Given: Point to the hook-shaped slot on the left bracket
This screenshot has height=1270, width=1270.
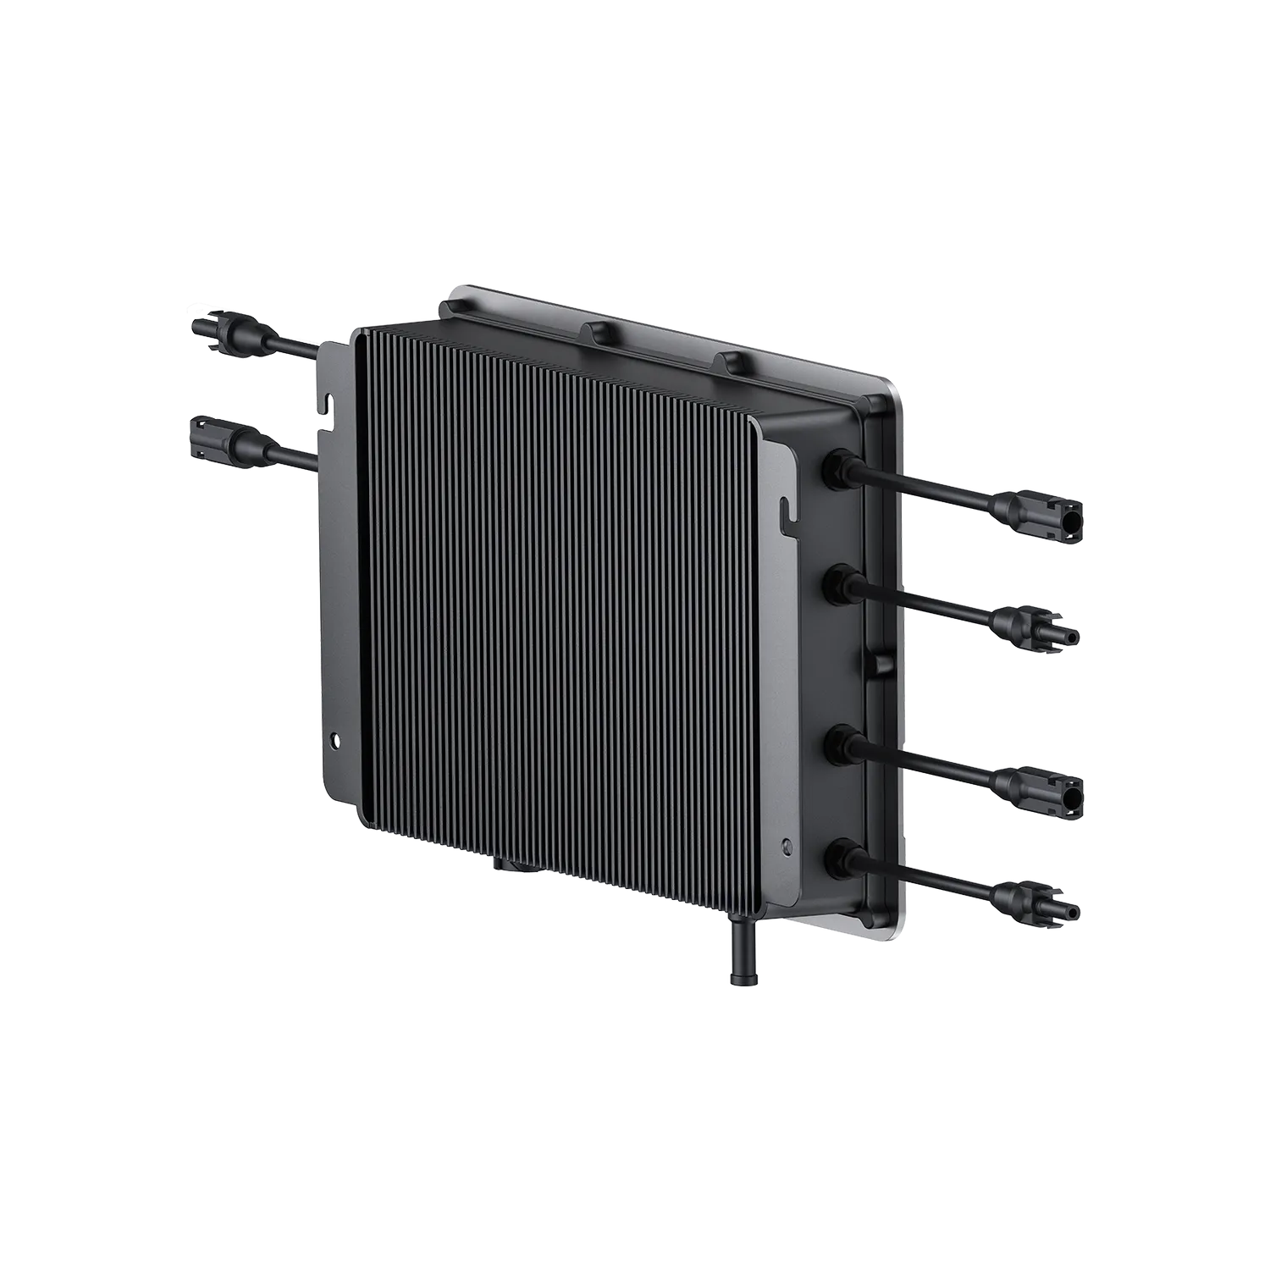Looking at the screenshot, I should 324,401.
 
